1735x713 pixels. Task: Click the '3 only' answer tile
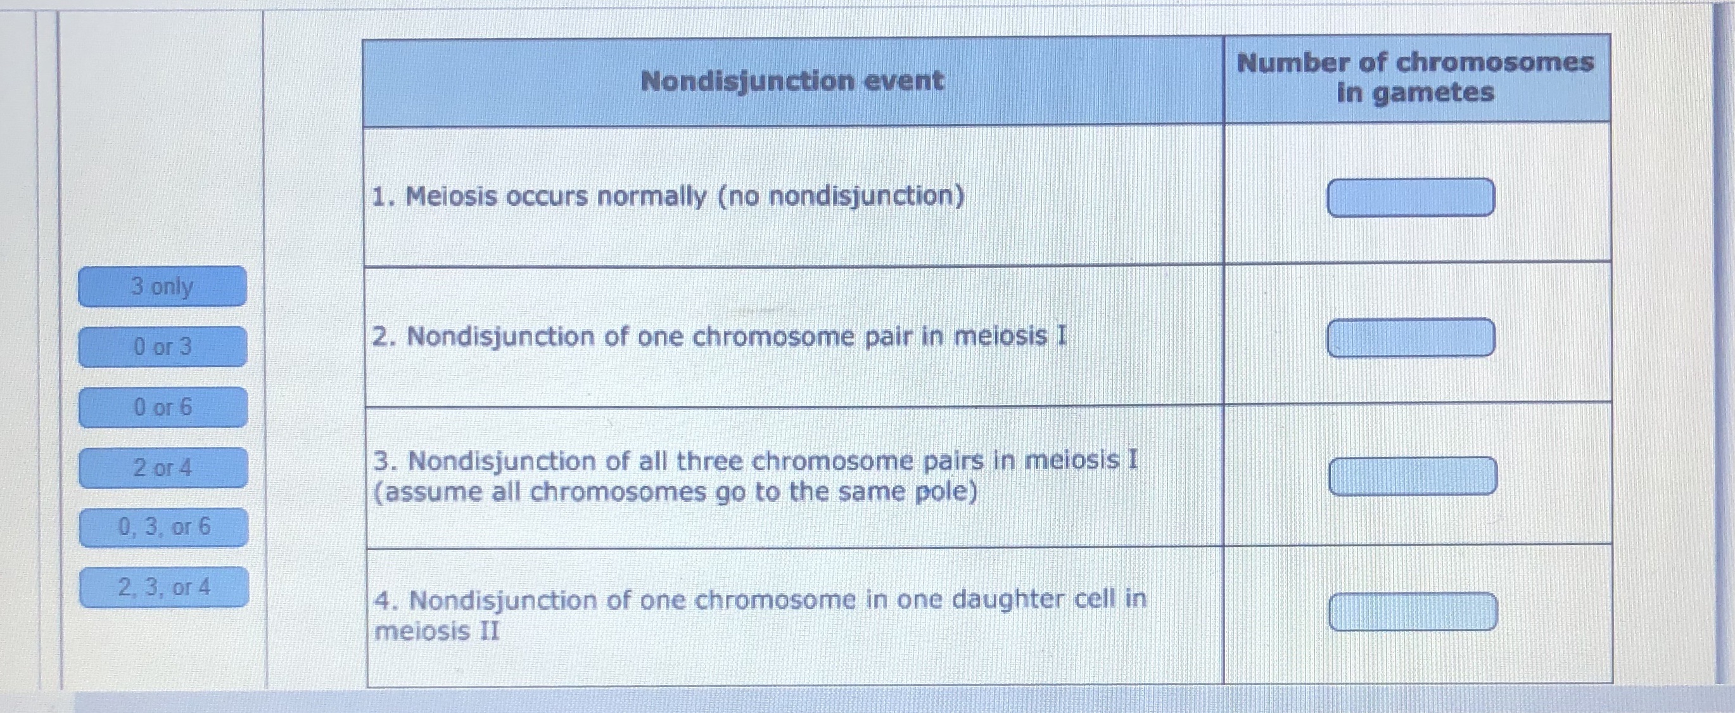point(162,286)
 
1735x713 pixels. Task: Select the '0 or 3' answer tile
point(162,347)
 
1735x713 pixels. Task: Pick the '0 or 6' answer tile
point(163,407)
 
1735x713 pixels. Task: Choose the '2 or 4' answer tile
point(163,467)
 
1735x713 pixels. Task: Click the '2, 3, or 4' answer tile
point(163,587)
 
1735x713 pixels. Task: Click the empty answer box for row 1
point(1411,198)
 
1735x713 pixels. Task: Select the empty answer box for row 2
point(1411,338)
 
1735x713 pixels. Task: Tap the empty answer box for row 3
point(1413,477)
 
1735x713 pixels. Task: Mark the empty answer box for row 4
point(1413,612)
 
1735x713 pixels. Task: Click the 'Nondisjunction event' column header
point(792,82)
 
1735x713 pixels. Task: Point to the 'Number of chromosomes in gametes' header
point(1415,77)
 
